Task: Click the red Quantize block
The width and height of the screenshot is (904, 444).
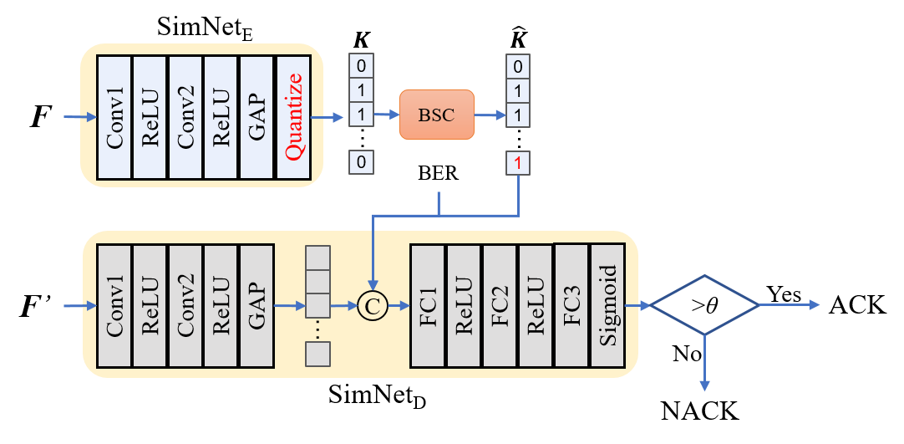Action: tap(293, 117)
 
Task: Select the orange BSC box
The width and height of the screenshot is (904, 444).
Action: tap(436, 115)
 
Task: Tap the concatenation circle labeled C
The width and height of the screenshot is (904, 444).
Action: tap(372, 307)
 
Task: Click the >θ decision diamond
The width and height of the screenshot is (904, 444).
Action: tap(704, 305)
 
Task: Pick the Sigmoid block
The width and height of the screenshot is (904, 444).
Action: tap(607, 306)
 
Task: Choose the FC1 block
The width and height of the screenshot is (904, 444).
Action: tap(427, 306)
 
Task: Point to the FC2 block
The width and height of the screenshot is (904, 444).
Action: tap(499, 306)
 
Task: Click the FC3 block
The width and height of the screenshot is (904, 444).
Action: tap(571, 306)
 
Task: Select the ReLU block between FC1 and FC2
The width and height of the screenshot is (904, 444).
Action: tap(463, 306)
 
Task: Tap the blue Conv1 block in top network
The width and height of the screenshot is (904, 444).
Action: tap(114, 117)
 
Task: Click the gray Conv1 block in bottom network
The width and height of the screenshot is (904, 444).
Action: tap(114, 306)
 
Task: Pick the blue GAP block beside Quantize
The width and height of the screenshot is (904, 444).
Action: tap(256, 117)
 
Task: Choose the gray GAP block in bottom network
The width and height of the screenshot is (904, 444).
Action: tap(256, 306)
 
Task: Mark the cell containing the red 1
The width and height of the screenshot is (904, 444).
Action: tap(518, 164)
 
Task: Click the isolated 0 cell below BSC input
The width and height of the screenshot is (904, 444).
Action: tap(361, 163)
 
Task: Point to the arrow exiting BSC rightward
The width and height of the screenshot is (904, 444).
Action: tap(490, 115)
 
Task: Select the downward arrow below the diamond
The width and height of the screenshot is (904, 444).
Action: tap(704, 364)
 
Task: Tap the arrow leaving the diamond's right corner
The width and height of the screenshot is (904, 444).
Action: tap(790, 305)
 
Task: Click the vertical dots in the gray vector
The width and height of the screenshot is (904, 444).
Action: tap(317, 330)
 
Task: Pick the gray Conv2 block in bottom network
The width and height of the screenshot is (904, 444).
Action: tap(185, 306)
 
